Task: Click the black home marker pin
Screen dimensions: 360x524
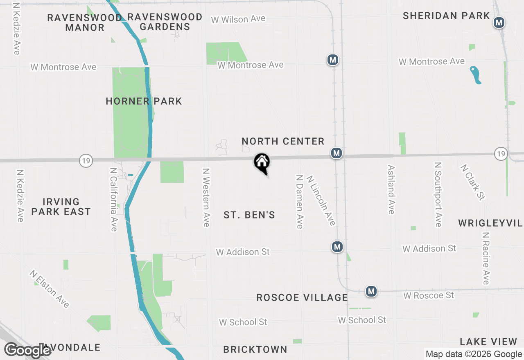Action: click(262, 162)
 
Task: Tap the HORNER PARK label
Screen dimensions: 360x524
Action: click(144, 101)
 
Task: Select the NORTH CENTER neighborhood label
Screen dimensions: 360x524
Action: click(283, 142)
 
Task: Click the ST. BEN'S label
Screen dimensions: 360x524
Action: click(249, 215)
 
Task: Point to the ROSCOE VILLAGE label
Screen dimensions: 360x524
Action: click(302, 297)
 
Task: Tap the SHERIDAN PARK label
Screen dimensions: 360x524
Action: click(446, 16)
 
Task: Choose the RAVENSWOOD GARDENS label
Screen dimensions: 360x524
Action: click(165, 22)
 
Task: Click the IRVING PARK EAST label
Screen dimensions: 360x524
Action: click(61, 207)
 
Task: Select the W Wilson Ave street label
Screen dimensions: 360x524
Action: click(238, 19)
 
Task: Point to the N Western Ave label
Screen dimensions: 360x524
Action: click(206, 197)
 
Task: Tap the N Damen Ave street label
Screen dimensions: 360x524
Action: click(300, 202)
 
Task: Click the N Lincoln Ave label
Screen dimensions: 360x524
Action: click(321, 200)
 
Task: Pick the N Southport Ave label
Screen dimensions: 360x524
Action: click(438, 194)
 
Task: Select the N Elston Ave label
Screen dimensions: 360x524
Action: click(49, 288)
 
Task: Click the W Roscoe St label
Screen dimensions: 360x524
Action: click(429, 295)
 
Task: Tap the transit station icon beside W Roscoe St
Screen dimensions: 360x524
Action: click(371, 291)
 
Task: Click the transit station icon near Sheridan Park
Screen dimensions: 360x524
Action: click(499, 22)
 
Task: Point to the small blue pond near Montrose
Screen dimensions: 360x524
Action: click(475, 75)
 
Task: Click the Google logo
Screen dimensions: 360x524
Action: click(27, 350)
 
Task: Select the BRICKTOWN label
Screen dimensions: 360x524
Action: click(255, 349)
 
